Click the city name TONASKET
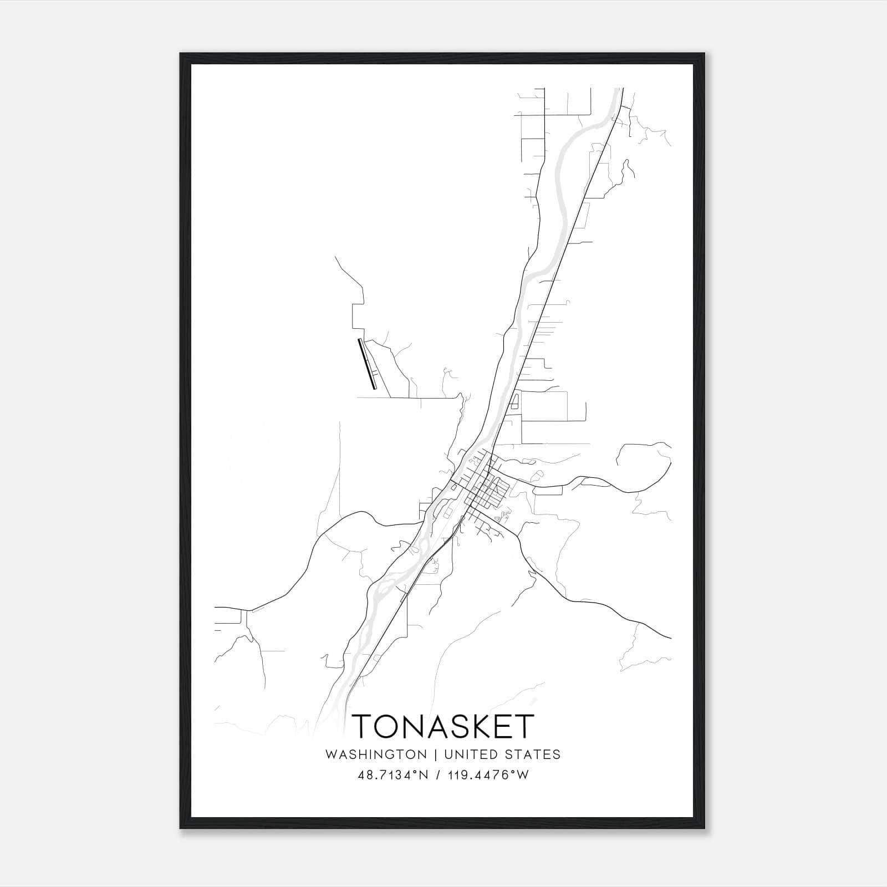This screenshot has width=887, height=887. click(x=443, y=726)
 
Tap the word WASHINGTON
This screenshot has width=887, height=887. click(x=376, y=755)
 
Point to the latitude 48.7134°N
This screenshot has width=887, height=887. click(x=394, y=775)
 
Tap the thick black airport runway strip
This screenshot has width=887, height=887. click(x=368, y=364)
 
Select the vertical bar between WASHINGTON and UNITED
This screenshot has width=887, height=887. click(x=435, y=755)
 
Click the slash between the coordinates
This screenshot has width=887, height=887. click(x=439, y=775)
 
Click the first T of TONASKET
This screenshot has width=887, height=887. click(x=363, y=726)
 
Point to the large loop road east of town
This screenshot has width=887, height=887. click(x=643, y=466)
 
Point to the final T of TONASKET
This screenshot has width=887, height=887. click(x=524, y=726)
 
